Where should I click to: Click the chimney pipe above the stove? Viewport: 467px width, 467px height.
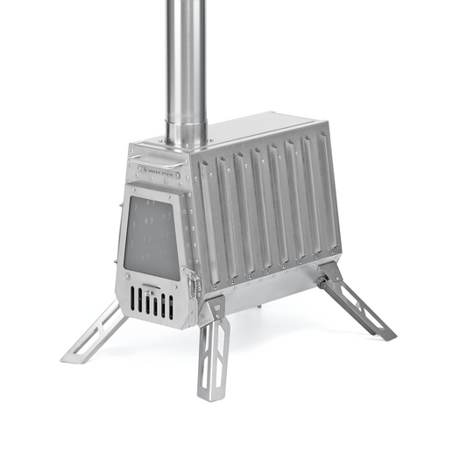186,53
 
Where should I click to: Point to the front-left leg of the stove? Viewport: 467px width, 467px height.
96,334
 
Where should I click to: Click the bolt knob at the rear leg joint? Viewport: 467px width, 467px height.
323,282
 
